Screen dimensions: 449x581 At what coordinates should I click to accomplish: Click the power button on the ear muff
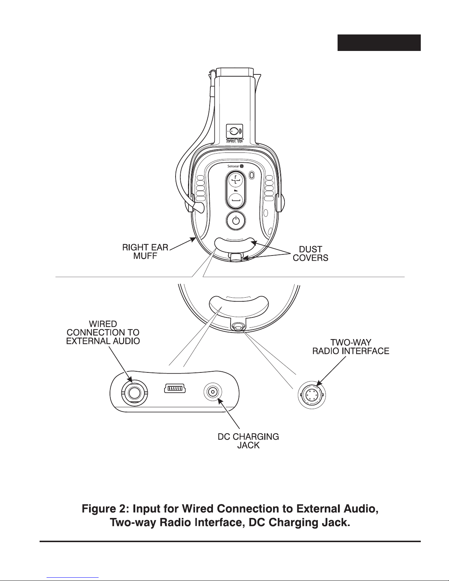tap(235, 221)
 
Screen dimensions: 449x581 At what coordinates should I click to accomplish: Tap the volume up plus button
tap(235, 180)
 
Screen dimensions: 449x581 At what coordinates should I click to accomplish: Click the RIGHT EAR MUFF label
tap(145, 251)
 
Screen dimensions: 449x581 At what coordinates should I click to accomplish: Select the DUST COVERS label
tap(310, 253)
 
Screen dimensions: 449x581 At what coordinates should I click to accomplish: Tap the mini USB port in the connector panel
tap(175, 388)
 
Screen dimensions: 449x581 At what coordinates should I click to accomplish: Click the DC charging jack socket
tap(213, 392)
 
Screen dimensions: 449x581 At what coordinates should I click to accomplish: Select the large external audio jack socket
tap(135, 393)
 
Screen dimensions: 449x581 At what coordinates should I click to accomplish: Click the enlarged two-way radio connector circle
tap(312, 395)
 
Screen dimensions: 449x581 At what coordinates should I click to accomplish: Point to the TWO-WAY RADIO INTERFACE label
tap(351, 346)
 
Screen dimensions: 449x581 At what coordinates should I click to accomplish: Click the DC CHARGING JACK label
tap(248, 441)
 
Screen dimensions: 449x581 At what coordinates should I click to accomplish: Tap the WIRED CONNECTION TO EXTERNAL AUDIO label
tap(103, 332)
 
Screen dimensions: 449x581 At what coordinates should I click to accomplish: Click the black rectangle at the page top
tap(379, 43)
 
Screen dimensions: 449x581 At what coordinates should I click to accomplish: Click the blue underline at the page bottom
tap(73, 578)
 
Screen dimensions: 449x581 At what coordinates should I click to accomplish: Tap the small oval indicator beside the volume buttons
tap(252, 175)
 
